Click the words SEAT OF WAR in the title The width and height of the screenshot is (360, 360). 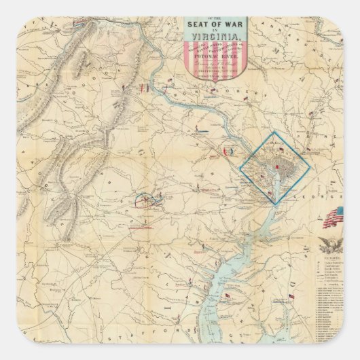(213, 26)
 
